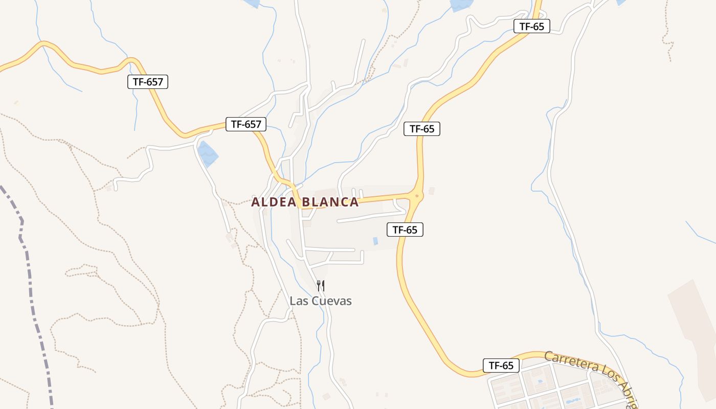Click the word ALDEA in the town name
274,202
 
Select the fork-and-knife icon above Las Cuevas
321,285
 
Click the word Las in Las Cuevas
298,301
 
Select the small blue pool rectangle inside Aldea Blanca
376,241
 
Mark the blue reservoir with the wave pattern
208,154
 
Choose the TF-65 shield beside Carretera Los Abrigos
501,366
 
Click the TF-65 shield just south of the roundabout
405,230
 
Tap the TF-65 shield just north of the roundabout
422,129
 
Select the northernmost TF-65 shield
531,27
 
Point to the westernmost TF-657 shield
148,81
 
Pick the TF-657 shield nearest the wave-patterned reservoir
246,124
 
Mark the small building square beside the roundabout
432,191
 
